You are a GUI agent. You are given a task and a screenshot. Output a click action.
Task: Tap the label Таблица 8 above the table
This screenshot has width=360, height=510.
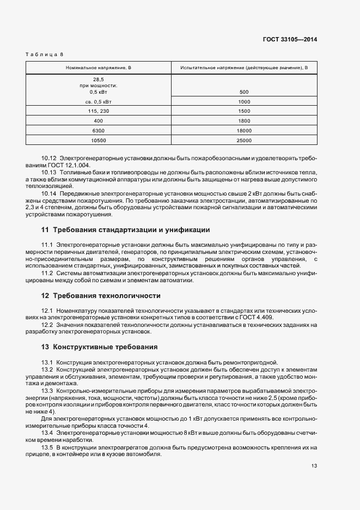point(45,54)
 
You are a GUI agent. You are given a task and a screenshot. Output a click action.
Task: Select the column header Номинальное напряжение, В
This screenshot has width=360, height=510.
point(99,68)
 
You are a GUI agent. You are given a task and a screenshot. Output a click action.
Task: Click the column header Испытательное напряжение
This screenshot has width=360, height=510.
point(243,68)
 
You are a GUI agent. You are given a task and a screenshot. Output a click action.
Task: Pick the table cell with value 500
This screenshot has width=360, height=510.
point(243,92)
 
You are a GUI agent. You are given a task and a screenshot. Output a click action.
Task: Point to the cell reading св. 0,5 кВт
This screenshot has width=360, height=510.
point(99,101)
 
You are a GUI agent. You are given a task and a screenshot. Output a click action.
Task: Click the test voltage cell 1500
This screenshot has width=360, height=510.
point(243,111)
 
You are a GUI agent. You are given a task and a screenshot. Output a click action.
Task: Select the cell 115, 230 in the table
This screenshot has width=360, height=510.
point(99,111)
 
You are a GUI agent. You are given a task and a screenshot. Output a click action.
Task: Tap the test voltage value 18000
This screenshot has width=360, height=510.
point(243,131)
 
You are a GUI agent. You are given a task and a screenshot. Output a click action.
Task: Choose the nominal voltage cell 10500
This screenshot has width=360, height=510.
point(99,141)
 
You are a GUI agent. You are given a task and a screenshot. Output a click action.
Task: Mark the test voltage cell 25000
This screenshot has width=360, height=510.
point(243,141)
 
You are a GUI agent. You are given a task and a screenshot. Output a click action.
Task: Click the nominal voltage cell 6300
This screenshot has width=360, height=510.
point(99,131)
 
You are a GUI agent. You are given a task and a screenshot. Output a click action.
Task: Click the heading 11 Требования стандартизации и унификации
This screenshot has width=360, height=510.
point(125,229)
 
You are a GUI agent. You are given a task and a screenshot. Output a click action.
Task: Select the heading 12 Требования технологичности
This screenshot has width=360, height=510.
point(101,296)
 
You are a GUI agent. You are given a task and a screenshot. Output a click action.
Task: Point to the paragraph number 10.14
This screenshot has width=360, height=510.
point(49,193)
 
